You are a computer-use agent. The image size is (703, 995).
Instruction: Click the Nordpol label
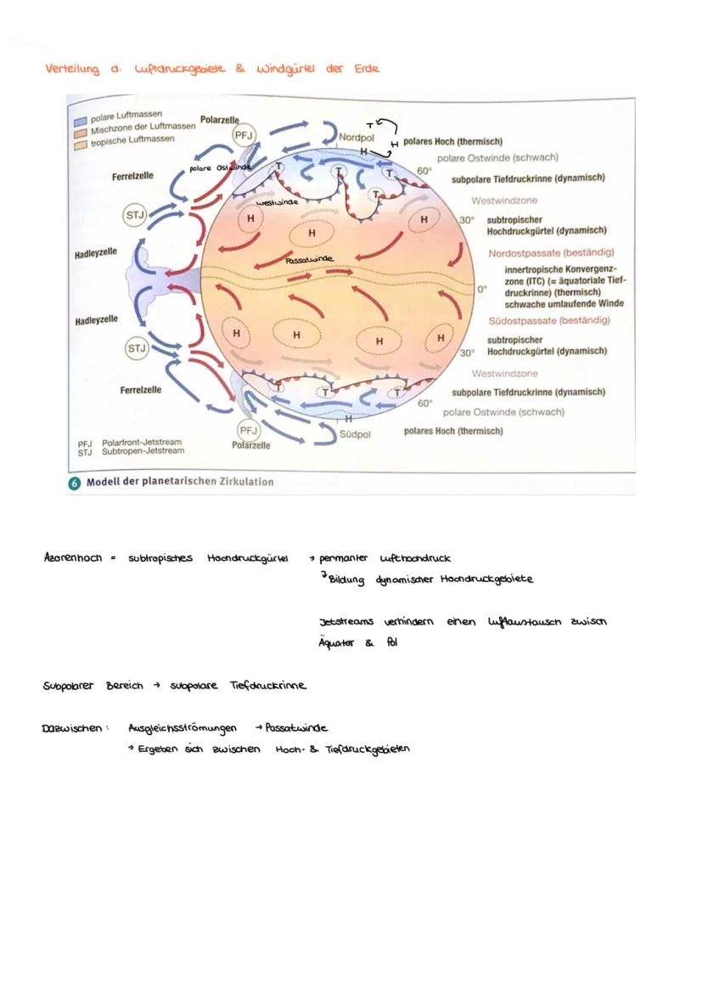coord(357,137)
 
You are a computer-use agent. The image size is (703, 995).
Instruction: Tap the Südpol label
coord(357,433)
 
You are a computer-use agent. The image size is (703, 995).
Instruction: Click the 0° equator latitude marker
coord(481,289)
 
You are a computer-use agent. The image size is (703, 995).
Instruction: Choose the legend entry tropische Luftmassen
coord(132,139)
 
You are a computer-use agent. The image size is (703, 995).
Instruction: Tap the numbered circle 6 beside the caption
coord(75,482)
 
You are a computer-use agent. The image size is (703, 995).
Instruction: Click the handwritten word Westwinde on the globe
coord(277,204)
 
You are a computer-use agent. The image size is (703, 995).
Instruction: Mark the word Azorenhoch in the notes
coord(72,558)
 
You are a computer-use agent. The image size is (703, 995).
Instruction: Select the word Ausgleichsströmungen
coord(182,728)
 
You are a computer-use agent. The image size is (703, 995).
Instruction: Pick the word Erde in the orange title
coord(366,68)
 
